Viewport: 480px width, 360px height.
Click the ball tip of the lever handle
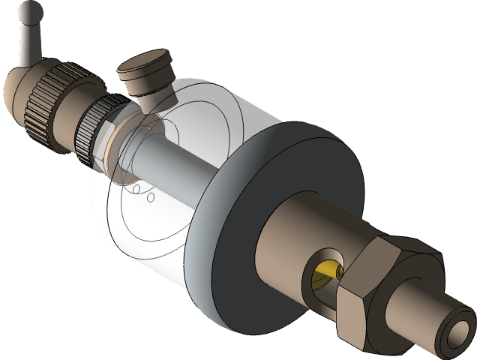click(x=31, y=11)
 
